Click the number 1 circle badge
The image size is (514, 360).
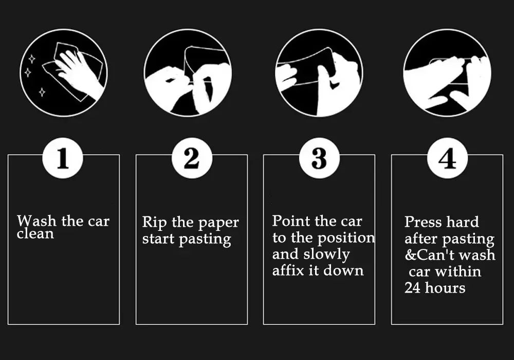click(63, 158)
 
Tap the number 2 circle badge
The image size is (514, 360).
click(191, 158)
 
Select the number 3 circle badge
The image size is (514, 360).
click(319, 158)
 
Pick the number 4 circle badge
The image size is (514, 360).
click(447, 158)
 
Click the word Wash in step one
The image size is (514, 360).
click(36, 221)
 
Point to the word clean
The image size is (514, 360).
click(35, 234)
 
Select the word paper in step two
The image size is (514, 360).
click(217, 223)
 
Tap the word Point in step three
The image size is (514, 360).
click(291, 221)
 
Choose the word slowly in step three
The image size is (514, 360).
click(326, 255)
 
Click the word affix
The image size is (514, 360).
click(288, 271)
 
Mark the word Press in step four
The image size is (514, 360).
click(423, 222)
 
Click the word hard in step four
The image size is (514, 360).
click(463, 222)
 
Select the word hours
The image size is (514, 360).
click(445, 287)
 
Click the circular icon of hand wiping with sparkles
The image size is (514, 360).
click(63, 73)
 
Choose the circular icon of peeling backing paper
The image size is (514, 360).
click(188, 73)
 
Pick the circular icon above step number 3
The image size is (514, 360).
click(319, 73)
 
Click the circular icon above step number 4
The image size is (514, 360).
click(447, 73)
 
